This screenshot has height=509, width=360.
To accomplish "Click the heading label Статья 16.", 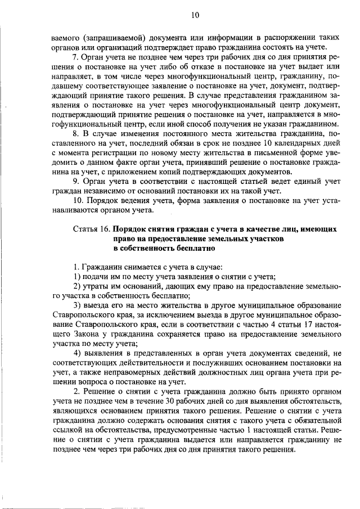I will (91, 229).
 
